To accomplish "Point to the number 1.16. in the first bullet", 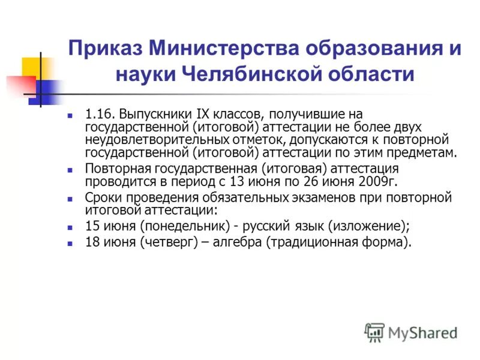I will [100, 113].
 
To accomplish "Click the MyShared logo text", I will [422, 331].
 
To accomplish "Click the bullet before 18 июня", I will [70, 244].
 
